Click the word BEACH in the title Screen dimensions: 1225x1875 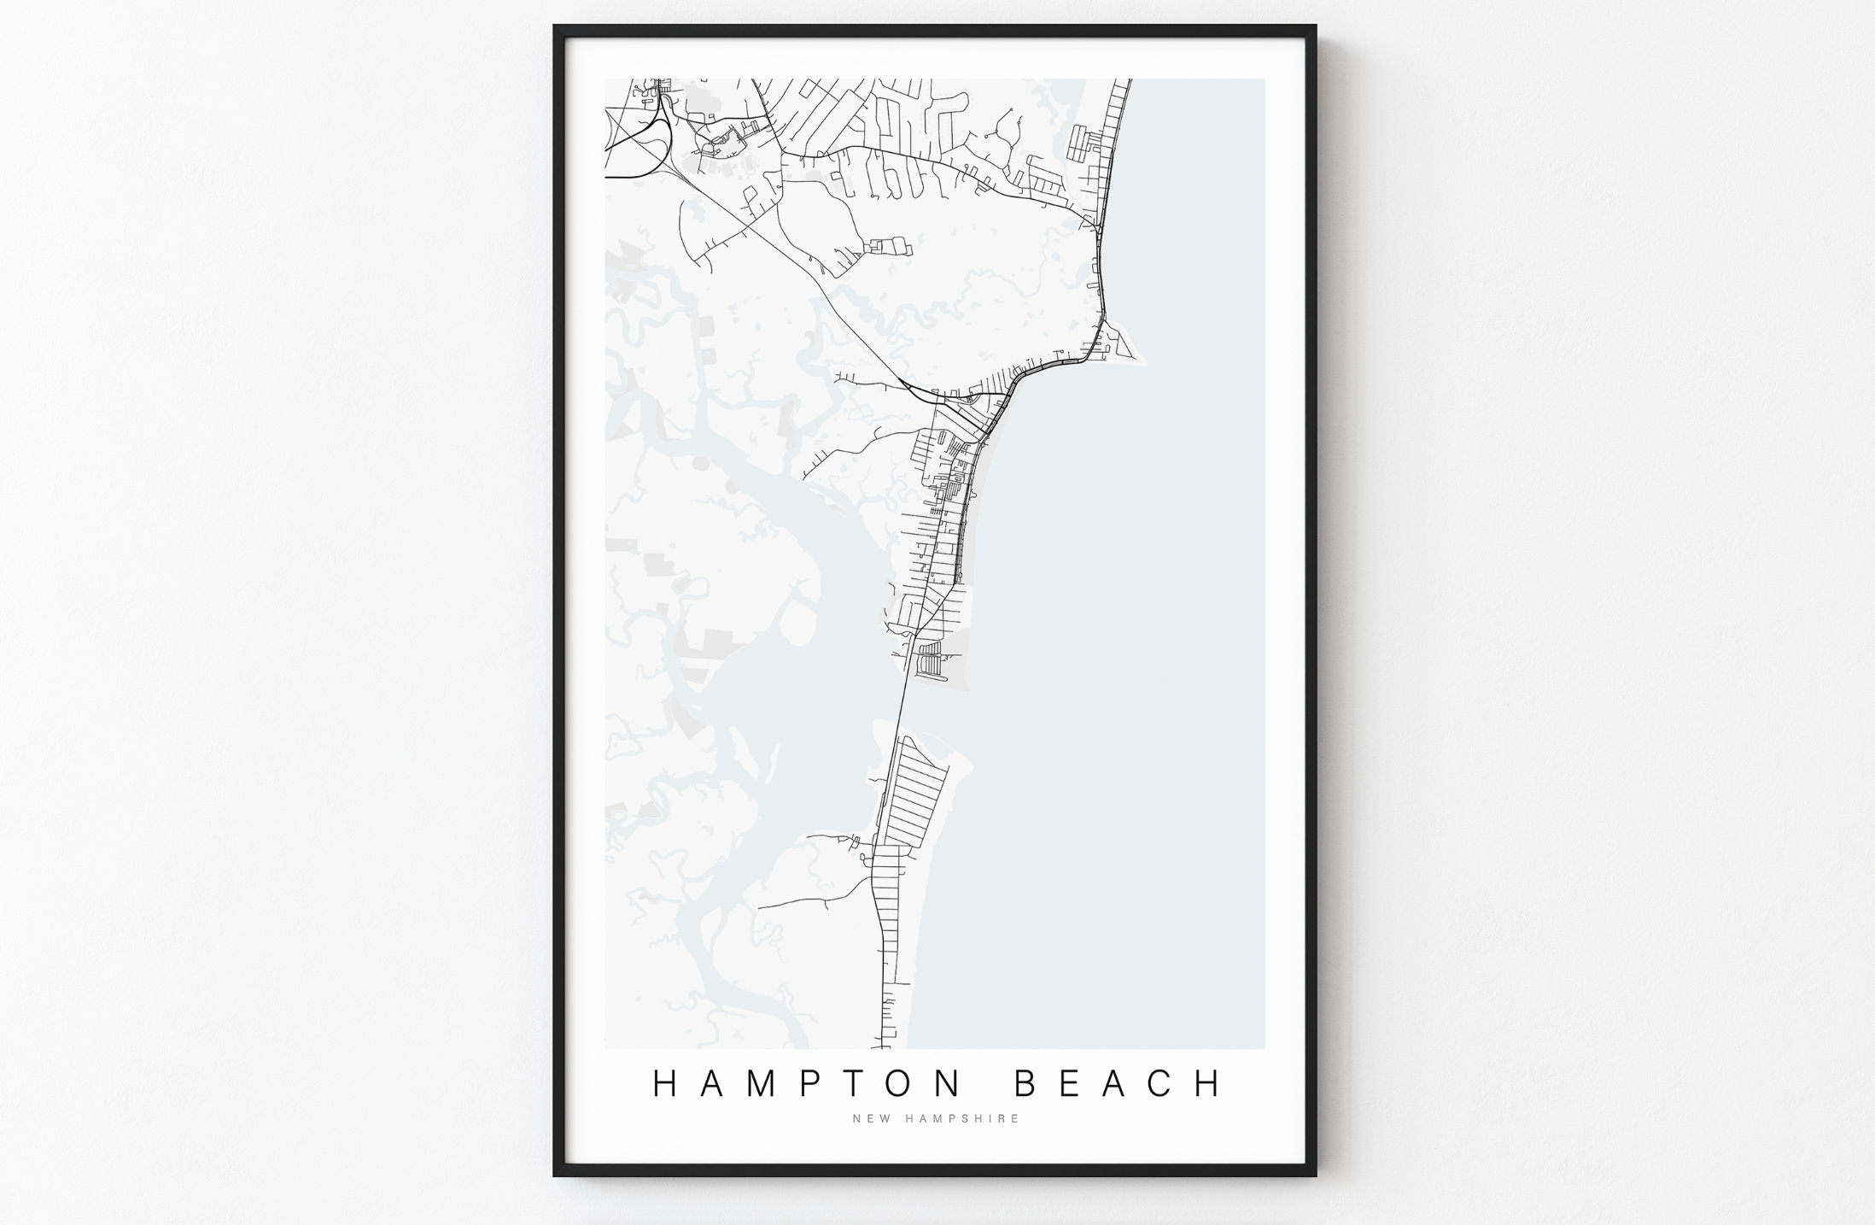1119,1083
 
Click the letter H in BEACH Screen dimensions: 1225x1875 1209,1083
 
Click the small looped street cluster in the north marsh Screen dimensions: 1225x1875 888,246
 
